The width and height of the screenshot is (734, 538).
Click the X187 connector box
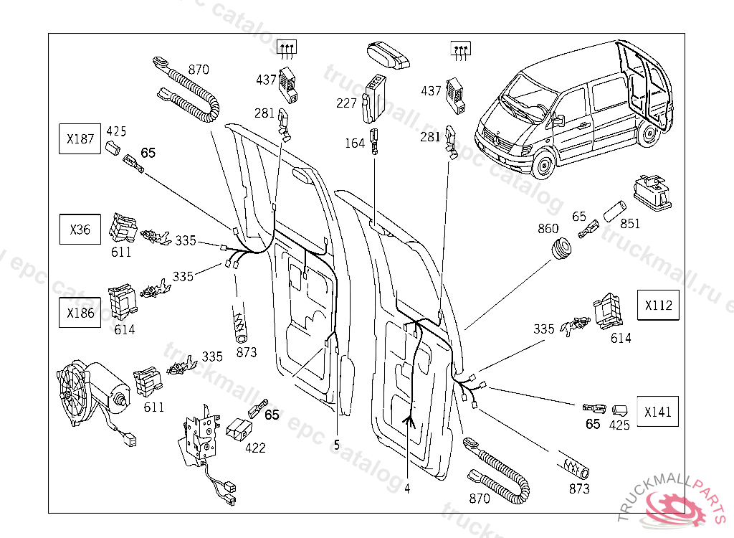coord(80,138)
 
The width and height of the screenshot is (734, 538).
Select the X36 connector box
coord(80,230)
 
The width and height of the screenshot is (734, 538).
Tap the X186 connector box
coord(80,313)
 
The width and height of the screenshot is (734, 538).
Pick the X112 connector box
coord(658,305)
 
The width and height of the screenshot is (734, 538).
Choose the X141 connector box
coord(658,412)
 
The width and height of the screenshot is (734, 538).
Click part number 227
coord(346,103)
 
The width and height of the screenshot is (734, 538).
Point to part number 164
coord(355,143)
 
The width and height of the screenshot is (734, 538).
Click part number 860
coord(548,230)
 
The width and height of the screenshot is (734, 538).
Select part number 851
coord(630,224)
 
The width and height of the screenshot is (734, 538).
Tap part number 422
coord(255,448)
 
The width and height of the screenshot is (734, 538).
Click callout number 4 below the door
coord(407,489)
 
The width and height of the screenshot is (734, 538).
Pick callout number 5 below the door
coord(336,445)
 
